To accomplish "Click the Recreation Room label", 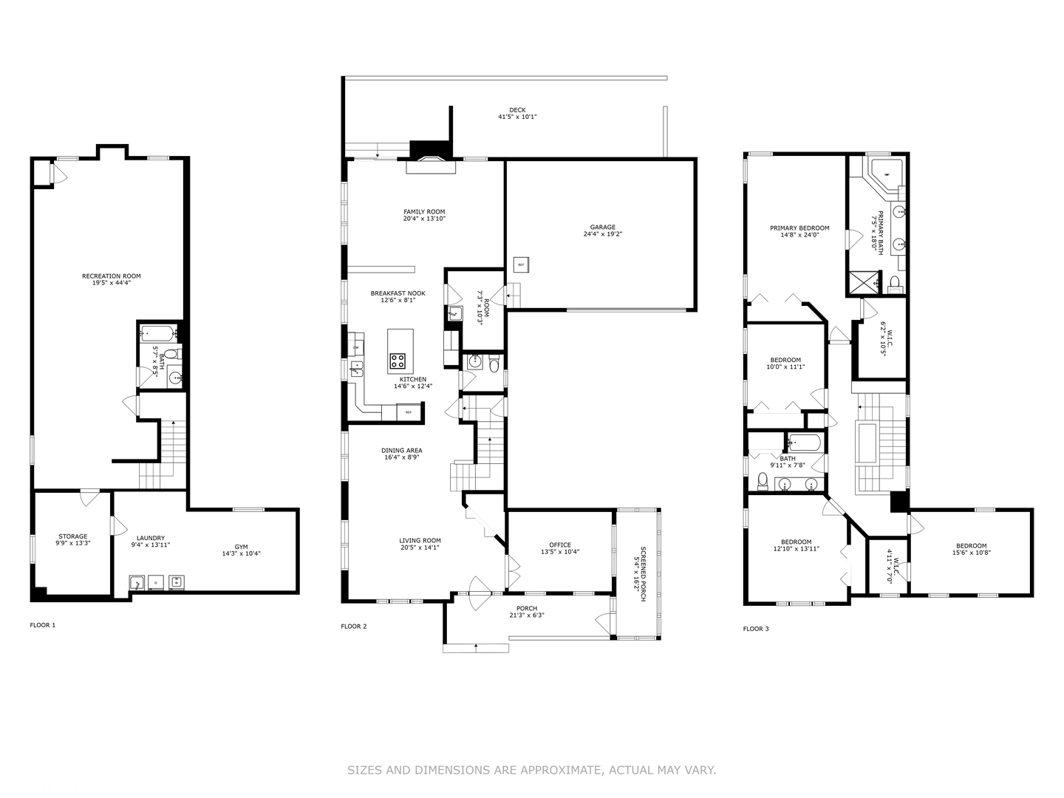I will [x=111, y=276].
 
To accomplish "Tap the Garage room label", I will [x=602, y=228].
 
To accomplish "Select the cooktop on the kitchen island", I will [x=398, y=361].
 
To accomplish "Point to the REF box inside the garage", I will [x=520, y=265].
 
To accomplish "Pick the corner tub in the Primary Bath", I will [x=882, y=172].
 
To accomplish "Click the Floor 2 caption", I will [x=353, y=627].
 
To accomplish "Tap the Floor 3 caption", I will [x=755, y=629].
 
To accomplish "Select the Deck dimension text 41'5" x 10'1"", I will [x=517, y=117].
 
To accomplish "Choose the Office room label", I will [x=560, y=545].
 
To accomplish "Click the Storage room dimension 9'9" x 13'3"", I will [x=73, y=544].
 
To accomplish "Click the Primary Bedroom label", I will [x=799, y=228].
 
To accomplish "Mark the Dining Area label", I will [x=402, y=450].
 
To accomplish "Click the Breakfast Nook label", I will [x=398, y=293].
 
